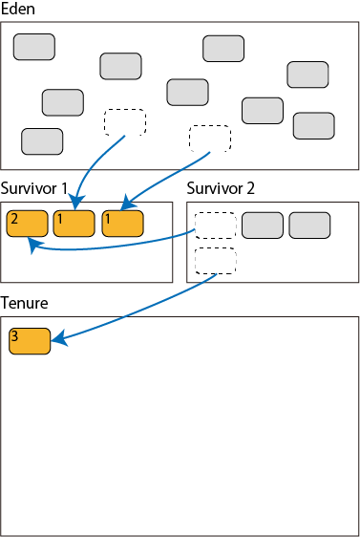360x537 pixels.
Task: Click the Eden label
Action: pos(18,9)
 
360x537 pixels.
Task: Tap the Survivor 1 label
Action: pos(33,188)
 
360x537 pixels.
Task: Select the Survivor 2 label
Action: pos(221,188)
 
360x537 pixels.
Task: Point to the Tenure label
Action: pos(24,303)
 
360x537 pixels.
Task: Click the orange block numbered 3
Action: pos(30,341)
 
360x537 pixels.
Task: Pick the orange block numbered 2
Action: pos(28,224)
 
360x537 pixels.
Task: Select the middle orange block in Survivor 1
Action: pos(74,224)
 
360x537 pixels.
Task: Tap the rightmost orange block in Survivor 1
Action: pos(123,224)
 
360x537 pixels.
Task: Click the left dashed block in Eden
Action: pos(125,122)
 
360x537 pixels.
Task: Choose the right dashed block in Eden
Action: pos(210,139)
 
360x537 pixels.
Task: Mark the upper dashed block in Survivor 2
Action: pos(216,226)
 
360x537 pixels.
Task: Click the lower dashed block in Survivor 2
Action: pos(216,261)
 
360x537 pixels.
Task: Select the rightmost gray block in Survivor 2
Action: pos(309,226)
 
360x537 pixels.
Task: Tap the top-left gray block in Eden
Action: pos(34,47)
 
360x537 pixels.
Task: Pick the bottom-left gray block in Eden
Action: pos(42,141)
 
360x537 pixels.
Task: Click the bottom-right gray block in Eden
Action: pos(314,126)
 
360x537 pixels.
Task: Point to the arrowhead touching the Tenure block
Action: pos(59,338)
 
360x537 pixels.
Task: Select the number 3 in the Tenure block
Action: pos(14,336)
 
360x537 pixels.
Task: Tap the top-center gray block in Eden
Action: pos(223,49)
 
